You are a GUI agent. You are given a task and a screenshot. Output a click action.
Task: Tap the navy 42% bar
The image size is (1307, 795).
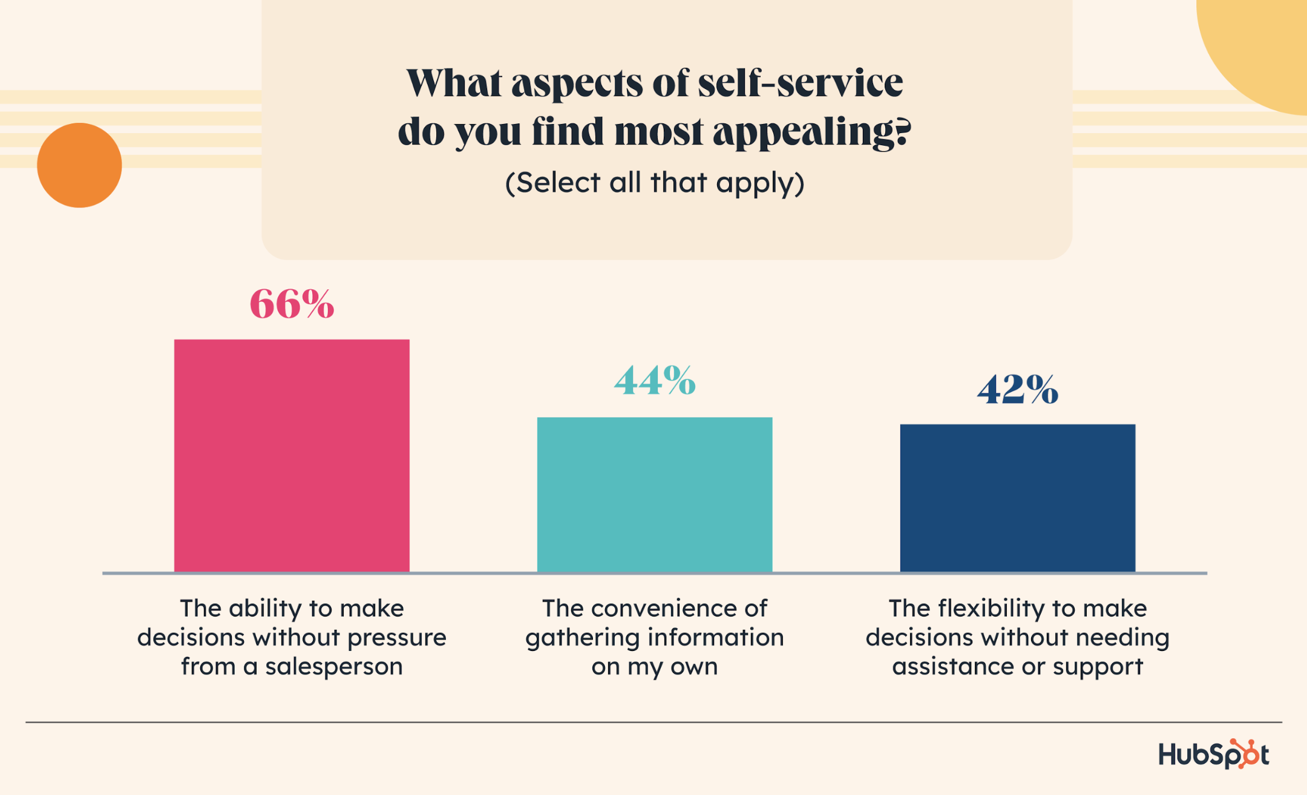pos(1018,498)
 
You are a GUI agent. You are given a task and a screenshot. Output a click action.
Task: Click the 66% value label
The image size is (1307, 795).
pos(292,304)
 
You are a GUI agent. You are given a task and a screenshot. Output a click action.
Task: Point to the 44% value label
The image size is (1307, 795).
pos(655,381)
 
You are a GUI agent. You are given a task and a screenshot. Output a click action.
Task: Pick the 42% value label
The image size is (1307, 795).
pos(1018,389)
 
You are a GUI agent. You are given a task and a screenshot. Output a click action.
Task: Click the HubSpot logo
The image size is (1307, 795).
pos(1213,754)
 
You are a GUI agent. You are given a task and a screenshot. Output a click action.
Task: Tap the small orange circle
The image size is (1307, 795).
pos(79,165)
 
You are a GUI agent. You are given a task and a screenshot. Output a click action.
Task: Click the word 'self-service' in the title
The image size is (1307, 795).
pos(801,83)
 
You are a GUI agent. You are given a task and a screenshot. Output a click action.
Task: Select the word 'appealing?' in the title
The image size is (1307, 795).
pos(811,132)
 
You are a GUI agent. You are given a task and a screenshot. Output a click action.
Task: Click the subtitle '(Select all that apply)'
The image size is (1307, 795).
pos(655,183)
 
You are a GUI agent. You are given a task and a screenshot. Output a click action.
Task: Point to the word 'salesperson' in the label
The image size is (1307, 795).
pos(334,667)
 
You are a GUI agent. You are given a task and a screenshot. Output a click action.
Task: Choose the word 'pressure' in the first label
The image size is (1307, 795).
pos(397,638)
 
